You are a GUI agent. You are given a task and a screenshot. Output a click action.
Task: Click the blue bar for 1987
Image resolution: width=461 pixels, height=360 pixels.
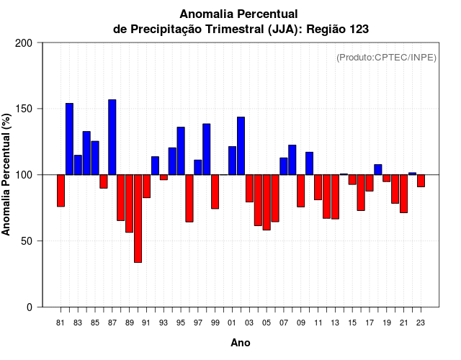coord(112,137)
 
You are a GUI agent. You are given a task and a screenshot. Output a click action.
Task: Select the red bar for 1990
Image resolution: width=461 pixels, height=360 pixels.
coord(138,218)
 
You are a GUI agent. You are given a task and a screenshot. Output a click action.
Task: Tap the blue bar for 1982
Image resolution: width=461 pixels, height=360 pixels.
coord(69,139)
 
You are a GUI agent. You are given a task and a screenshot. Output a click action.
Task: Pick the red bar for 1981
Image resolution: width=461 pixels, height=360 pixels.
coord(61,191)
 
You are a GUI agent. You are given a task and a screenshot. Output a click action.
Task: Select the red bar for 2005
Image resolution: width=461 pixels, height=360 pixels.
coord(267,202)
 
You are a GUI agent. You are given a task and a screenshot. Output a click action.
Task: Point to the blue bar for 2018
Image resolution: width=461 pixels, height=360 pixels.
coord(378,169)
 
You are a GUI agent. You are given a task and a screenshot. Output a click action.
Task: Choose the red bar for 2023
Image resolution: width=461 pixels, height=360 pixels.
coord(421,181)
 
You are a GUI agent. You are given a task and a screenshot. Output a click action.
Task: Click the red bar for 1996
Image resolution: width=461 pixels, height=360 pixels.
coord(189,198)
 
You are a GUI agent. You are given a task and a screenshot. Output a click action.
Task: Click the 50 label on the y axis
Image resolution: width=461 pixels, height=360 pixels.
coord(28,240)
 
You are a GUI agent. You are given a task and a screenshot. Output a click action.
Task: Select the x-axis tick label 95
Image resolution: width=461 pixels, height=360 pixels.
coord(181,323)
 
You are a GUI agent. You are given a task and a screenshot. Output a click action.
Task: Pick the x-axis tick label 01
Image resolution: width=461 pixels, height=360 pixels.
coord(232,323)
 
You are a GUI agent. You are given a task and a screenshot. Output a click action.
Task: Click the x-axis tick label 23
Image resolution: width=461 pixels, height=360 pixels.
coord(421,323)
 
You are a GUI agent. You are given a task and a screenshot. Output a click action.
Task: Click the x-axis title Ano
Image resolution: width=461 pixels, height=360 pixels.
coord(241,343)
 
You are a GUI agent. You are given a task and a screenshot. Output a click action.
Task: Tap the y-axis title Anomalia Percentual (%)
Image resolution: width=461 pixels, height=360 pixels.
coord(7,174)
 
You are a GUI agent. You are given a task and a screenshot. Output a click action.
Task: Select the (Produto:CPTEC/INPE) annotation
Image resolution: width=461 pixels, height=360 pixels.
coord(386,58)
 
